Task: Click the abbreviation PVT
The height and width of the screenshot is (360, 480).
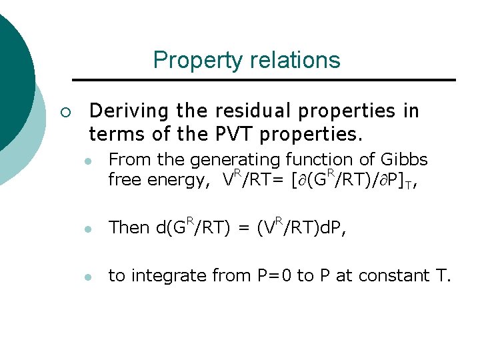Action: (233, 135)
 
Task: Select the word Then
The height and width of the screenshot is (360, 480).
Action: (129, 228)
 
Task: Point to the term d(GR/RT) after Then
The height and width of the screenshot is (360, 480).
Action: (193, 227)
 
